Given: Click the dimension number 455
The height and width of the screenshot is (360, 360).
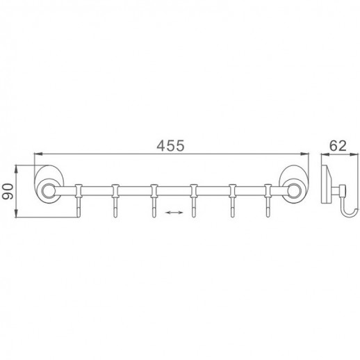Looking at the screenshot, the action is click(x=170, y=146).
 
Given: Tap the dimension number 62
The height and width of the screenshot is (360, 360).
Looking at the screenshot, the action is click(x=338, y=146).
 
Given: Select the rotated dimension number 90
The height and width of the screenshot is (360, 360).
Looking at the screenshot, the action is click(x=8, y=191).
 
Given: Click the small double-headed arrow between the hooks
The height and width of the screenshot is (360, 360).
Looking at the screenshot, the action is click(x=174, y=212).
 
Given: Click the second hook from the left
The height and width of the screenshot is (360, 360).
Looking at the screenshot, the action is click(x=115, y=201).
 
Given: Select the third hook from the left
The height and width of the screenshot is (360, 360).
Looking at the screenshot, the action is click(x=154, y=201).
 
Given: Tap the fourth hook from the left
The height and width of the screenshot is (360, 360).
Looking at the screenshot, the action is click(x=194, y=201).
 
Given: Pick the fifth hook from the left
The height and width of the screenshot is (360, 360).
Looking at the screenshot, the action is click(x=232, y=201).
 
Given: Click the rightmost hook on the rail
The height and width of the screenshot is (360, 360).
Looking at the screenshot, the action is click(x=268, y=201).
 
